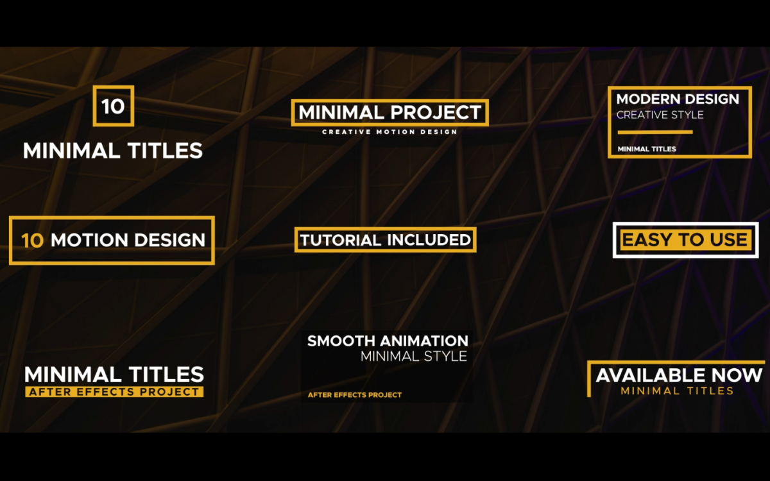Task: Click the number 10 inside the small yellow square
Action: click(x=113, y=106)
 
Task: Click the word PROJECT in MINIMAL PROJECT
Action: click(x=436, y=112)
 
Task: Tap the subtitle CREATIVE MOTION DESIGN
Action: click(x=389, y=132)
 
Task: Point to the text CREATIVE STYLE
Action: click(x=660, y=115)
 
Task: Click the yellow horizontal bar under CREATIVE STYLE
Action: click(x=655, y=132)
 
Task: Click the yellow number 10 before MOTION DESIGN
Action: click(x=33, y=240)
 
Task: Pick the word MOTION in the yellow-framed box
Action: click(x=89, y=240)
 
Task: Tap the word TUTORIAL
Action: click(x=341, y=240)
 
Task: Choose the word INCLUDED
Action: click(x=429, y=240)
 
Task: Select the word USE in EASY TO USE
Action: click(x=728, y=239)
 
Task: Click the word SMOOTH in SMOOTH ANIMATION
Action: click(x=341, y=341)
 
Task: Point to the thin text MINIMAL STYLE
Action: click(x=414, y=357)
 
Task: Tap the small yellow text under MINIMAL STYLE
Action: click(x=355, y=395)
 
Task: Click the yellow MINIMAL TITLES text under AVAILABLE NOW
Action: click(x=677, y=391)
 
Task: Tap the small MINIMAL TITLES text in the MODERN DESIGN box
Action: click(x=647, y=149)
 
